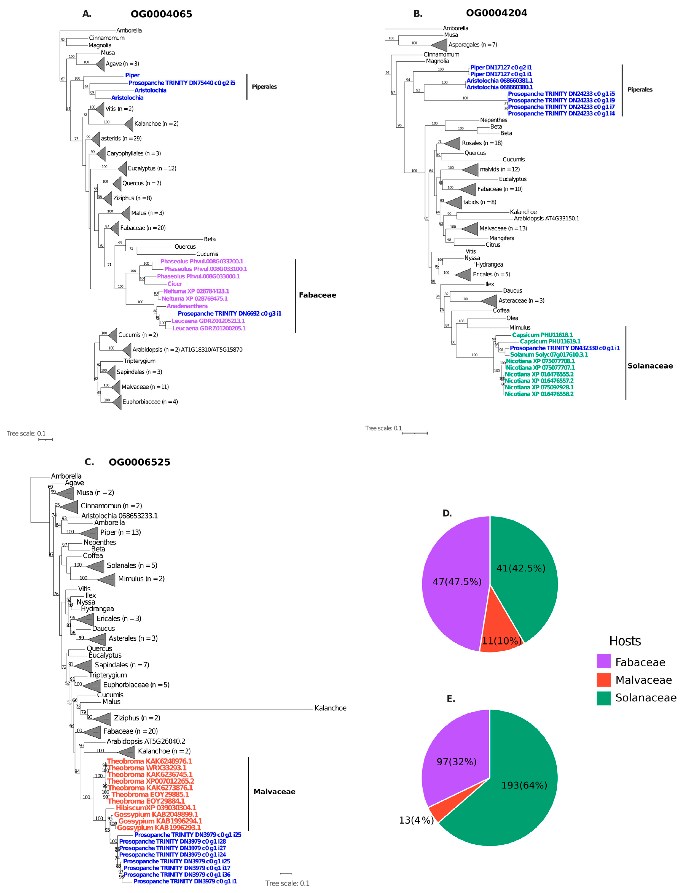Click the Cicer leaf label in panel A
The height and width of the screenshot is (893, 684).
click(x=175, y=283)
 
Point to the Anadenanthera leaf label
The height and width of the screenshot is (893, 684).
click(x=187, y=306)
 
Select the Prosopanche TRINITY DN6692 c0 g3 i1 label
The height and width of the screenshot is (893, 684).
click(x=229, y=313)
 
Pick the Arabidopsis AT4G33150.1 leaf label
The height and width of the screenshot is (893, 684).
click(x=546, y=218)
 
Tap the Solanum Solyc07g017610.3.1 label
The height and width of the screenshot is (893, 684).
click(x=549, y=354)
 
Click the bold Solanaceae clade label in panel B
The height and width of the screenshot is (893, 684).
click(x=650, y=366)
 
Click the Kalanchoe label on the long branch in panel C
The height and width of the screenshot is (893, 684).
click(x=330, y=708)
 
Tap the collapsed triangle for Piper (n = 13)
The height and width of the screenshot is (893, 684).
click(x=90, y=532)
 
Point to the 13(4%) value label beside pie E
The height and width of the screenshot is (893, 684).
click(x=416, y=820)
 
